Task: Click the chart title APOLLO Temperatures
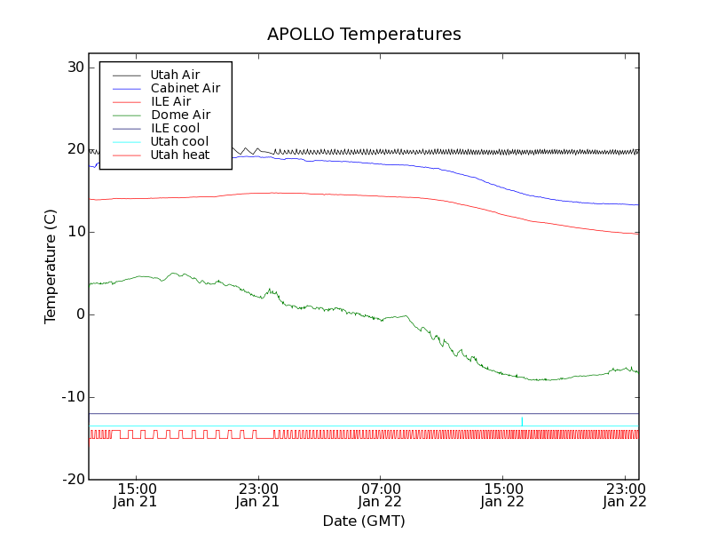364,35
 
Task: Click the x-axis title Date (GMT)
364,521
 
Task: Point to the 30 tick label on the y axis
74,68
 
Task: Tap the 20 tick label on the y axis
74,150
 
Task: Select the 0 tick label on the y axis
79,314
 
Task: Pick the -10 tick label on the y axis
72,397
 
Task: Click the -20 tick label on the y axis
72,480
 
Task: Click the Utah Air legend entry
175,75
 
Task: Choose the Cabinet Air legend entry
185,88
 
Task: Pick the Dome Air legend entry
180,115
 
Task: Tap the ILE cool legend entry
175,128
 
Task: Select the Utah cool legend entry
179,141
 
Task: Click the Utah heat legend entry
179,155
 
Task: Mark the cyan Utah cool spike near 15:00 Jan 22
522,420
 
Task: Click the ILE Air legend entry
170,101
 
